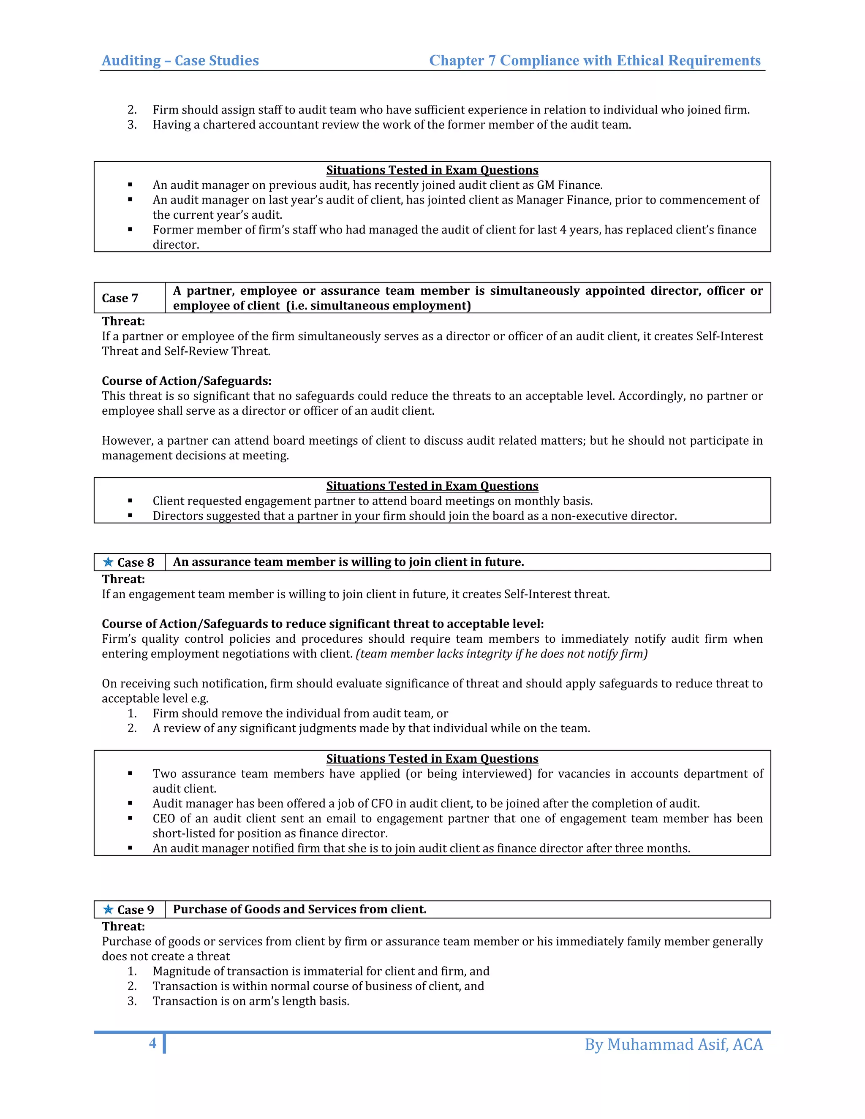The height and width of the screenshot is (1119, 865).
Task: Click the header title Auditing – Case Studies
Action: pyautogui.click(x=180, y=60)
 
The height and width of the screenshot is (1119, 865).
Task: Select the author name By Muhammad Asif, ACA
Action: pyautogui.click(x=673, y=1044)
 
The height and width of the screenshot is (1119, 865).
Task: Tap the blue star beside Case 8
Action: pyautogui.click(x=108, y=562)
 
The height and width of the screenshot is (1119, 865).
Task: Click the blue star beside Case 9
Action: pyautogui.click(x=108, y=910)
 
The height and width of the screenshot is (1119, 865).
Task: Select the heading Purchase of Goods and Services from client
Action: pyautogui.click(x=299, y=909)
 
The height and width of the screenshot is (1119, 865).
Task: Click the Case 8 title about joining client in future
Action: pyautogui.click(x=348, y=562)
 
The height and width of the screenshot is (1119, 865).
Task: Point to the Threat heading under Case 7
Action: pyautogui.click(x=123, y=321)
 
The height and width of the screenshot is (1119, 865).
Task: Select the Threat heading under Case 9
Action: pyautogui.click(x=123, y=926)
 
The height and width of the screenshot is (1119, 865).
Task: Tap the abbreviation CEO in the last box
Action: pyautogui.click(x=164, y=818)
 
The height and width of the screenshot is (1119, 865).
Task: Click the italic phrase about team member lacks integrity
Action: pyautogui.click(x=501, y=654)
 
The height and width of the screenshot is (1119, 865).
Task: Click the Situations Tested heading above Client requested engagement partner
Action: pyautogui.click(x=432, y=486)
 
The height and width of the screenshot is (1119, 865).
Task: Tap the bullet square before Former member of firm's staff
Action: pyautogui.click(x=130, y=230)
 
